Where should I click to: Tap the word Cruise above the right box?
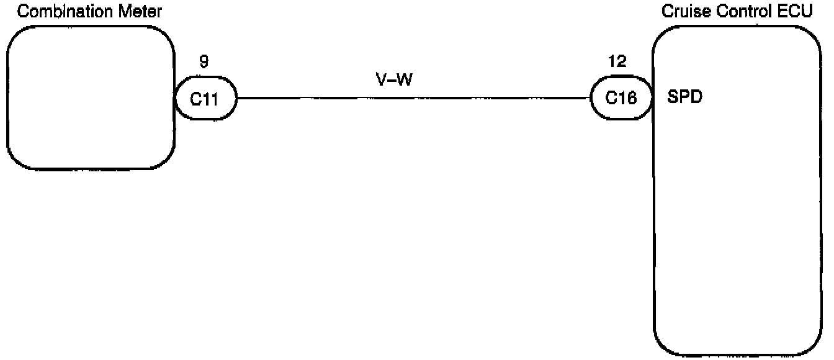[x=680, y=11]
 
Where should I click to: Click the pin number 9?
[x=204, y=63]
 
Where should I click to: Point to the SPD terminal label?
[x=685, y=97]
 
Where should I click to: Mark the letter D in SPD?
[x=696, y=97]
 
